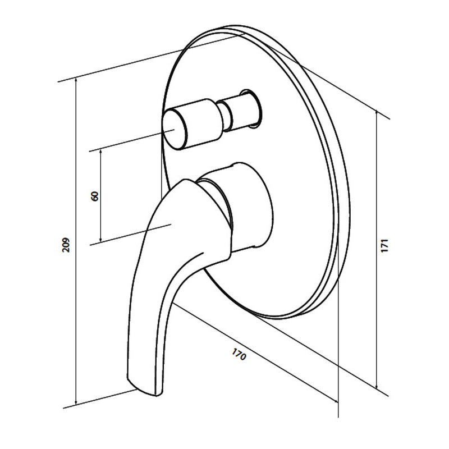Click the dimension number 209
(x=66, y=244)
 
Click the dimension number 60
(x=94, y=196)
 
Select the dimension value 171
(x=384, y=245)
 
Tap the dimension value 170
(x=239, y=354)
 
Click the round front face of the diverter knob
(x=174, y=130)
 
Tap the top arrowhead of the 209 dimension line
(x=76, y=81)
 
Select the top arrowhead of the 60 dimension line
(x=101, y=152)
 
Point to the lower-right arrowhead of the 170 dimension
(x=335, y=400)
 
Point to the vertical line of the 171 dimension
(x=377, y=249)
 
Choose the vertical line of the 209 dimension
(x=76, y=241)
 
